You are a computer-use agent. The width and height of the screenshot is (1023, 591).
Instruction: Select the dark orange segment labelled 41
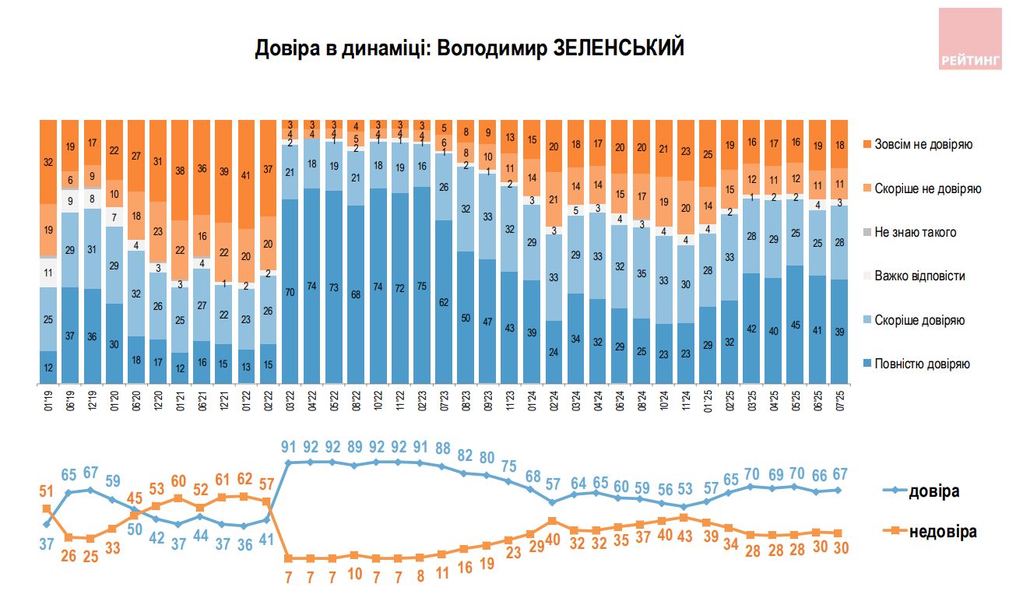click(246, 174)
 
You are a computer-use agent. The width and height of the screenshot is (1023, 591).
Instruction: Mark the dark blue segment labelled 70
click(290, 291)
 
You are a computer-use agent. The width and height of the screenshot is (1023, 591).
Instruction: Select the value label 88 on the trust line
click(443, 449)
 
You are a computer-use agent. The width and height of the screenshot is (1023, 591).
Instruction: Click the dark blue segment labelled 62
click(443, 302)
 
